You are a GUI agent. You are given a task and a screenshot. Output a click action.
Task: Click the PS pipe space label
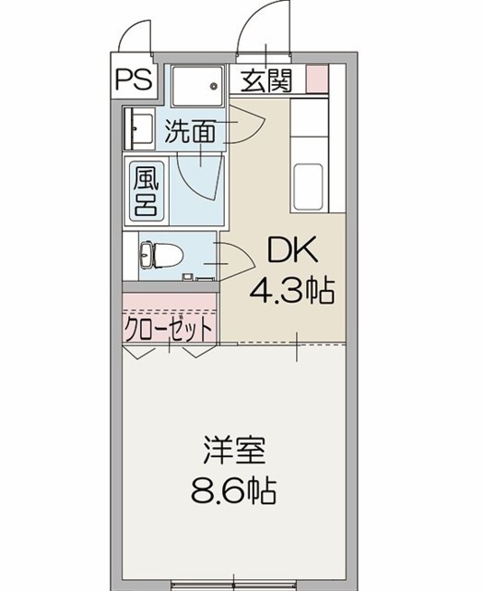pyautogui.click(x=134, y=79)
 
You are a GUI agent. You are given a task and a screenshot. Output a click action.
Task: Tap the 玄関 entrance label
pyautogui.click(x=266, y=80)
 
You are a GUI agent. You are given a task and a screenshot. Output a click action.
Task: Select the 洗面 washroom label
pyautogui.click(x=190, y=131)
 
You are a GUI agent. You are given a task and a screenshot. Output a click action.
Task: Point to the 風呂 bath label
pyautogui.click(x=147, y=191)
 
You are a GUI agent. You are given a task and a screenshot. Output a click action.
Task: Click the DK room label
pyautogui.click(x=292, y=250)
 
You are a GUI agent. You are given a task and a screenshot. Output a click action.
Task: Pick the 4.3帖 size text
pyautogui.click(x=291, y=291)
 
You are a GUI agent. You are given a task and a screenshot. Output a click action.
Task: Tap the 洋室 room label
pyautogui.click(x=234, y=450)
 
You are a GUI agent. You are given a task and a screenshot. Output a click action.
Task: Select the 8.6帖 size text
pyautogui.click(x=234, y=490)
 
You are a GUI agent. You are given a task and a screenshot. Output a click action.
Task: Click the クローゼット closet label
pyautogui.click(x=168, y=329)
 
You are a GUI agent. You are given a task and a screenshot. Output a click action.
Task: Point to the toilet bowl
pyautogui.click(x=162, y=255)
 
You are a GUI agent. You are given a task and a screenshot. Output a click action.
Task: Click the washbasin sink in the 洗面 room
pyautogui.click(x=138, y=128)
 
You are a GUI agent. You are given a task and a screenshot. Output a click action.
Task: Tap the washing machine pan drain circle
pyautogui.click(x=214, y=86)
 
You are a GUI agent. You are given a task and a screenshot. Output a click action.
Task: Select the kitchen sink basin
pyautogui.click(x=308, y=187)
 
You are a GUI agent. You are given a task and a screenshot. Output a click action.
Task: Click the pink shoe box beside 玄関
pyautogui.click(x=317, y=78)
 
